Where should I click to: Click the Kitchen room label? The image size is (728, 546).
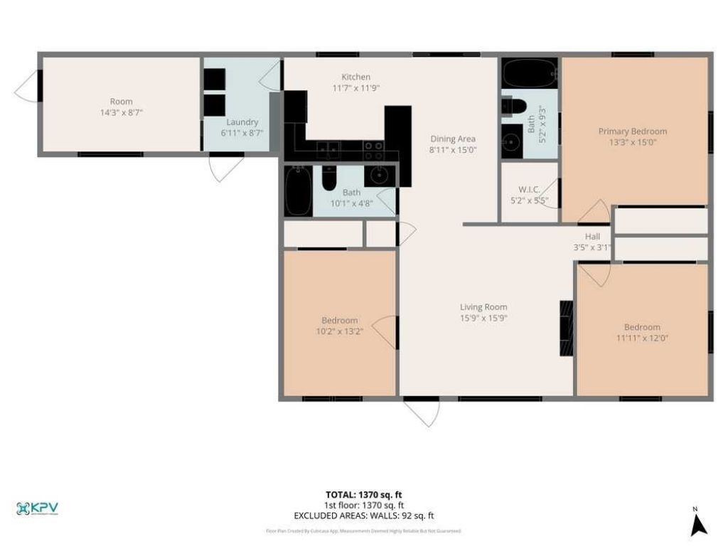click(x=355, y=77)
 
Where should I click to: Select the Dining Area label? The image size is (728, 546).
click(x=453, y=139)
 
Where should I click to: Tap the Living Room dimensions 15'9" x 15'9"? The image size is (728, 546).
click(x=483, y=318)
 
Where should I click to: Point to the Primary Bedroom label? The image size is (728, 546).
click(x=632, y=131)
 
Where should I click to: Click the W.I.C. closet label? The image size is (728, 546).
click(x=530, y=189)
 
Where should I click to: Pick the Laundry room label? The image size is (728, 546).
click(x=242, y=122)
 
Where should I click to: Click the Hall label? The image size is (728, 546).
click(x=592, y=237)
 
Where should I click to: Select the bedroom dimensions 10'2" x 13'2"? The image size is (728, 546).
click(x=339, y=331)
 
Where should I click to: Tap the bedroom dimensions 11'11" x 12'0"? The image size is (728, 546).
click(x=642, y=338)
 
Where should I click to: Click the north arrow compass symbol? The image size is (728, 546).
click(x=699, y=524)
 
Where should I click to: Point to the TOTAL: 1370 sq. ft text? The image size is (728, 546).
click(x=364, y=495)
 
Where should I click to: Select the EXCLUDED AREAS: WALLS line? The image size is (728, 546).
click(x=364, y=515)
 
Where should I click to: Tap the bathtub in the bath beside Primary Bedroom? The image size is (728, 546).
click(x=530, y=73)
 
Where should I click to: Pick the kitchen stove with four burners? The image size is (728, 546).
click(x=375, y=150)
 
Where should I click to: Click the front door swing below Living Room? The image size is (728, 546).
click(x=422, y=412)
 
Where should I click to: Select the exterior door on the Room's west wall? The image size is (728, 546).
click(x=28, y=86)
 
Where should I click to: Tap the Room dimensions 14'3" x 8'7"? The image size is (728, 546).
click(x=121, y=112)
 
